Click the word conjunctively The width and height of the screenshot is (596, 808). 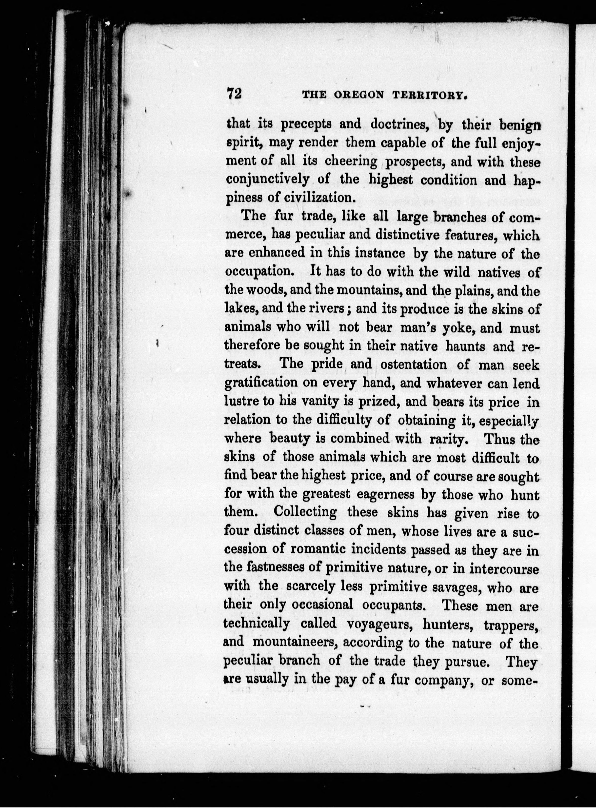tap(267, 180)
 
